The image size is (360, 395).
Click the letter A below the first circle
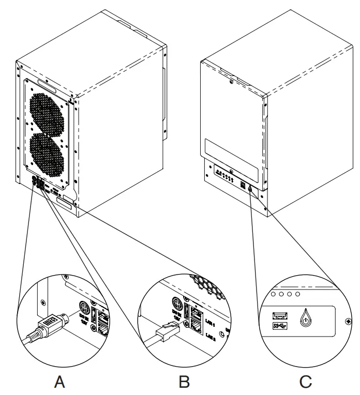click(61, 382)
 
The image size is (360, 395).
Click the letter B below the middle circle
click(184, 382)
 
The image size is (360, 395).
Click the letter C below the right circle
click(306, 382)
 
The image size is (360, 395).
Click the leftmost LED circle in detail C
click(274, 294)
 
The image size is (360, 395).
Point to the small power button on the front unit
click(250, 189)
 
